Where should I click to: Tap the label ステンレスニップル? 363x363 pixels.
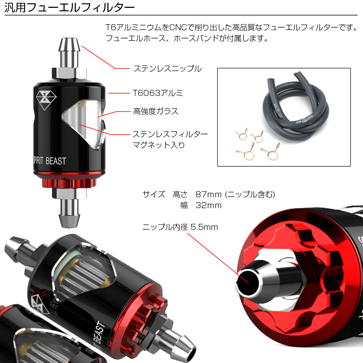click(x=168, y=69)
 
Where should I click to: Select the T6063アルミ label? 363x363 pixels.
click(x=158, y=93)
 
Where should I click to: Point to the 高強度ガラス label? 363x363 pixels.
click(x=155, y=111)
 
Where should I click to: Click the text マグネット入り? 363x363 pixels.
click(x=159, y=145)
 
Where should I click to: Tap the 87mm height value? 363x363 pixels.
click(x=208, y=195)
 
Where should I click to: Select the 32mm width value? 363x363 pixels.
click(x=208, y=205)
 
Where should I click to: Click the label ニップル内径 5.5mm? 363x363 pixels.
click(x=180, y=227)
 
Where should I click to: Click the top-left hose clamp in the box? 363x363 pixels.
click(x=241, y=134)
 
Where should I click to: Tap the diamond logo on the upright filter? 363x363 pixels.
click(x=46, y=100)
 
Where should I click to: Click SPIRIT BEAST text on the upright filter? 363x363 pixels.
click(x=49, y=161)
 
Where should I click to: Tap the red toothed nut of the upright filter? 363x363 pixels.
click(x=69, y=183)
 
